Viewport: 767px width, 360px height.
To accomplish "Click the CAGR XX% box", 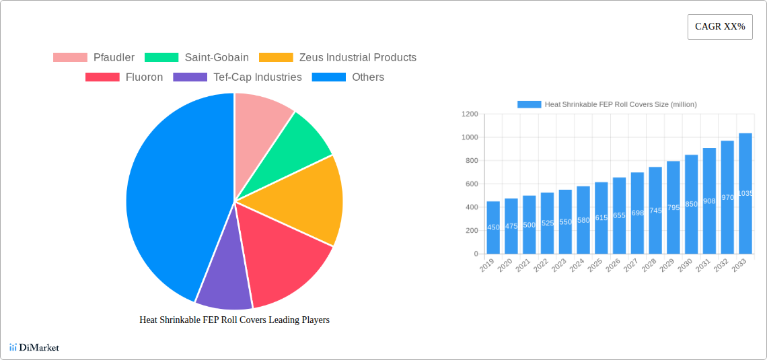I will [x=720, y=27].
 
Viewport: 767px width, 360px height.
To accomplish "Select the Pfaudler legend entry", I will [x=94, y=58].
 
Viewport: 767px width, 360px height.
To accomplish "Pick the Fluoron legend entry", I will [x=124, y=77].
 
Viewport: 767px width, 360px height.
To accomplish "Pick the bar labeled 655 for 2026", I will [x=619, y=215].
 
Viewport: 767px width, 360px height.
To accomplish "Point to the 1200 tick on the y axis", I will [x=470, y=114].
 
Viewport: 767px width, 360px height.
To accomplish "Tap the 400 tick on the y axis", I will [x=471, y=207].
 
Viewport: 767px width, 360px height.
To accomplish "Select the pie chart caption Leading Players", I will [x=234, y=320].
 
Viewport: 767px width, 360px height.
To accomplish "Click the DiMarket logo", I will [x=34, y=348].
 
